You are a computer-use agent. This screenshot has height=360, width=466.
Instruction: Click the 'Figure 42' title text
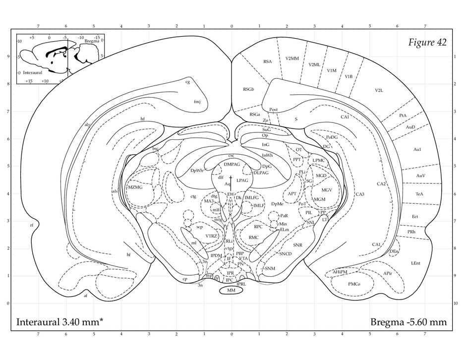(427, 43)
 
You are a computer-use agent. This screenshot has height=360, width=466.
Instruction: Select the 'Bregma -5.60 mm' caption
(408, 322)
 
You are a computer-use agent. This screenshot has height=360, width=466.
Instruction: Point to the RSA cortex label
(268, 62)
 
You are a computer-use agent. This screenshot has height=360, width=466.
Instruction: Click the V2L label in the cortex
(380, 90)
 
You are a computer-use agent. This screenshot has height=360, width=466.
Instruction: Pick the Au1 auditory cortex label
(418, 149)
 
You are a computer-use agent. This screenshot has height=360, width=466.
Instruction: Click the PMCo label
(354, 284)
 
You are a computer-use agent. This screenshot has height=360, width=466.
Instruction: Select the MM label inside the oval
(231, 291)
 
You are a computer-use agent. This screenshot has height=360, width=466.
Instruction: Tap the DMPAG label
(232, 164)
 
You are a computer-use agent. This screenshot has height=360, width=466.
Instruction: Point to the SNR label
(297, 245)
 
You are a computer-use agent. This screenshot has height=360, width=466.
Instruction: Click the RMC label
(254, 238)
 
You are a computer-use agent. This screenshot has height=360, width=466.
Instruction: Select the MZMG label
(135, 187)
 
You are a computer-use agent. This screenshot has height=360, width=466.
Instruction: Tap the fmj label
(197, 101)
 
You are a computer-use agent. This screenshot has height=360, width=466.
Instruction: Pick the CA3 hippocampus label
(360, 194)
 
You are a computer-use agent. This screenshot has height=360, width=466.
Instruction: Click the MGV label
(326, 190)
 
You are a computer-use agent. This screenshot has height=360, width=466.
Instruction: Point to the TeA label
(419, 194)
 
